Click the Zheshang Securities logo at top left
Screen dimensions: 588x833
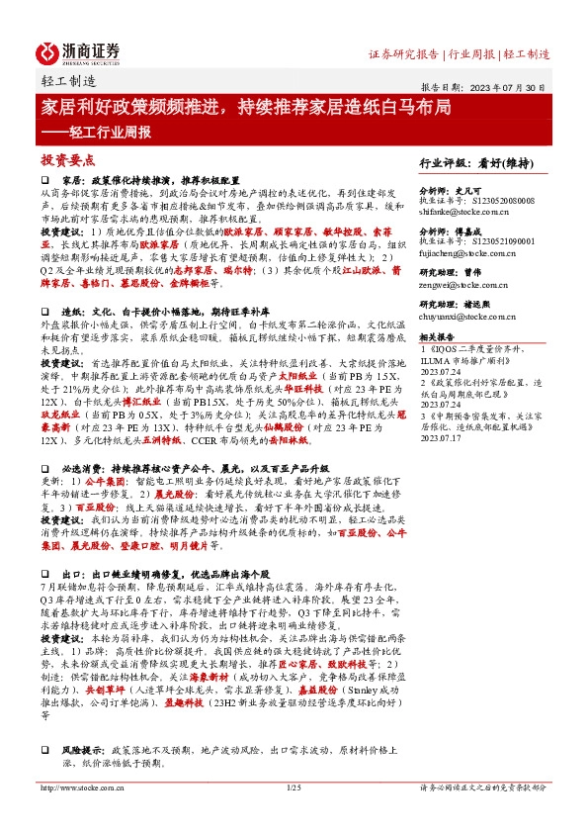pos(78,51)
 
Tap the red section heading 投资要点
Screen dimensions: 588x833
pos(67,158)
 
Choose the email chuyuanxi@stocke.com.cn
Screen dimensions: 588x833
pos(465,346)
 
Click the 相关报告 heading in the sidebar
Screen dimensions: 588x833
pos(439,365)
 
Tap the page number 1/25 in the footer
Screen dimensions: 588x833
pos(293,813)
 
